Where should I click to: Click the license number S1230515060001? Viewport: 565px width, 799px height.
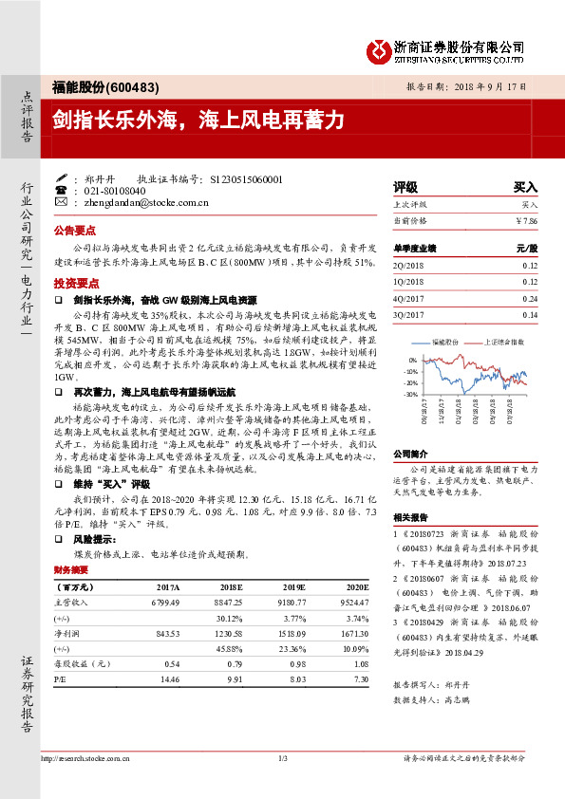tap(244, 177)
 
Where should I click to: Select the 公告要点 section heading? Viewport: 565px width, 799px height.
tap(74, 231)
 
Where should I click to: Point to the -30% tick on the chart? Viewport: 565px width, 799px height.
tap(411, 394)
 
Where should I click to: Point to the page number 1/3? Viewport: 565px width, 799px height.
tap(283, 757)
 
